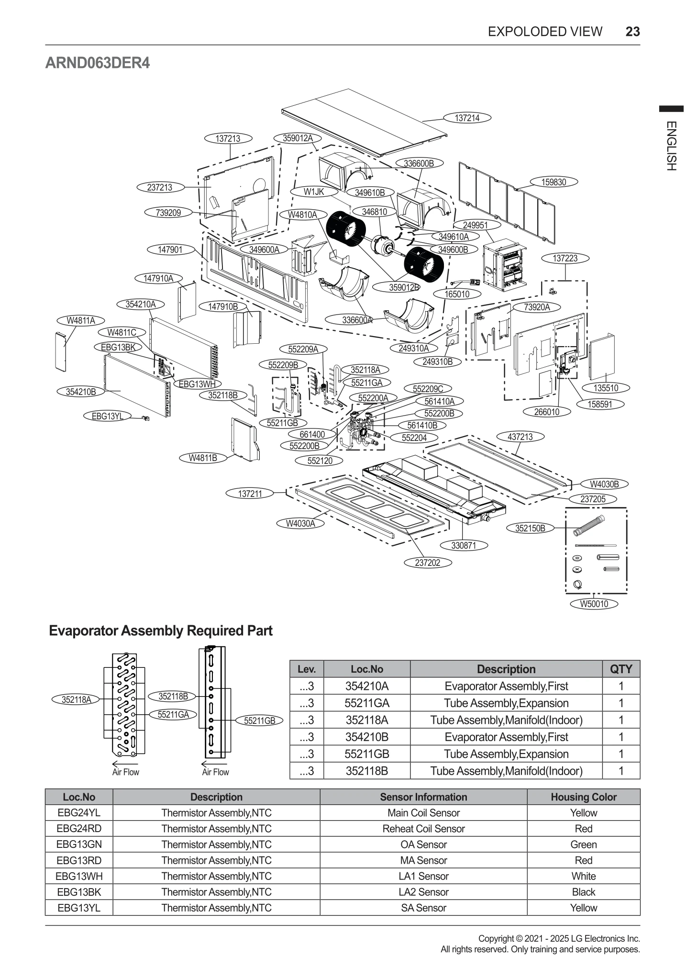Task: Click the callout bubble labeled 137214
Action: pyautogui.click(x=467, y=118)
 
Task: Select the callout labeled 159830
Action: pyautogui.click(x=553, y=182)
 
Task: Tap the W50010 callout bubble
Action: pyautogui.click(x=594, y=604)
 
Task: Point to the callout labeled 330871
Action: pyautogui.click(x=464, y=545)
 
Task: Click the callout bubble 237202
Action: pyautogui.click(x=427, y=563)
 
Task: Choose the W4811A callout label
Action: pyautogui.click(x=81, y=320)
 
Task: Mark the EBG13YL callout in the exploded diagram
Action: pyautogui.click(x=108, y=416)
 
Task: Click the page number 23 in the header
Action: pyautogui.click(x=632, y=32)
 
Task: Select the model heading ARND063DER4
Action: pyautogui.click(x=98, y=63)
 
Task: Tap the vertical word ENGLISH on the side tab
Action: pyautogui.click(x=671, y=146)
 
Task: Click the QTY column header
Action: pyautogui.click(x=621, y=669)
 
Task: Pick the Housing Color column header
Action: pyautogui.click(x=583, y=797)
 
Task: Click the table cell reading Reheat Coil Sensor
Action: pyautogui.click(x=423, y=828)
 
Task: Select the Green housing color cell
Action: pyautogui.click(x=583, y=844)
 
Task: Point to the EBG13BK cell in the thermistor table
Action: pyautogui.click(x=79, y=891)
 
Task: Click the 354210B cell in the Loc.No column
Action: pyautogui.click(x=366, y=737)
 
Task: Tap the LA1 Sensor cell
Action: pyautogui.click(x=423, y=876)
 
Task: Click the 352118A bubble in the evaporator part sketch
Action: pyautogui.click(x=77, y=699)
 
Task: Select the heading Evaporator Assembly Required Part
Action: pyautogui.click(x=161, y=631)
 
